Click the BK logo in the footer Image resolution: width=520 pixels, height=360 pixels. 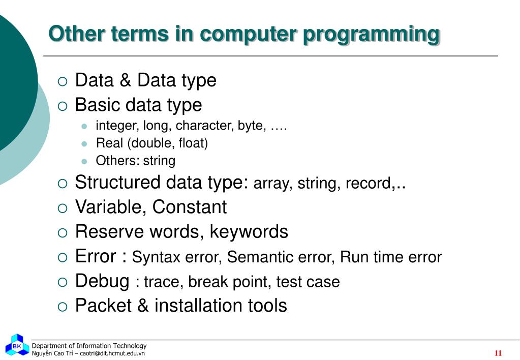click(x=17, y=346)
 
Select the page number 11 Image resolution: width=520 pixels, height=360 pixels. click(x=498, y=353)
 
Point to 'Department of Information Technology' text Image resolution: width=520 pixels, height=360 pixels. click(x=89, y=346)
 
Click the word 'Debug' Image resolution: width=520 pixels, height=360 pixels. click(x=102, y=281)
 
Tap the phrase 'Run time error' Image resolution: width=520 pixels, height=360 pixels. click(x=390, y=257)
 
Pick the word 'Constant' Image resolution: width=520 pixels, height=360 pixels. click(x=189, y=207)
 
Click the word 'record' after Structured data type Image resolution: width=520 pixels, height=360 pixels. click(x=368, y=184)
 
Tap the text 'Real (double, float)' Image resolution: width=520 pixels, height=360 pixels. click(x=151, y=143)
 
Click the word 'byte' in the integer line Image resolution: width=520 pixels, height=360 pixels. click(x=251, y=126)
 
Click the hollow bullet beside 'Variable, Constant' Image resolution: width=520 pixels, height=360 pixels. click(x=62, y=208)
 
